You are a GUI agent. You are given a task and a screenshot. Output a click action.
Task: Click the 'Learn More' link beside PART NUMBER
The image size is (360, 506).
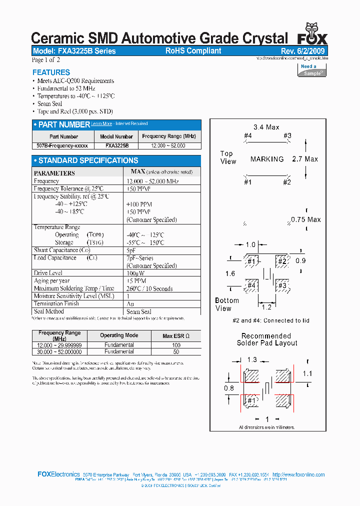(x=101, y=123)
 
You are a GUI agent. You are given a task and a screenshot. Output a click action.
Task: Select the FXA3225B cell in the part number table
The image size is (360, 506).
(x=117, y=145)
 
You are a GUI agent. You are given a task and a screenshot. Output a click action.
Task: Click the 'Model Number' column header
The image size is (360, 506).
(x=116, y=136)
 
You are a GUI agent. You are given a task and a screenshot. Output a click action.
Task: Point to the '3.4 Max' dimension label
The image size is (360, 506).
(x=266, y=127)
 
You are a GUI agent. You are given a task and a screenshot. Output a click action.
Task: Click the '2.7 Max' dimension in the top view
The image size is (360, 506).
(x=304, y=159)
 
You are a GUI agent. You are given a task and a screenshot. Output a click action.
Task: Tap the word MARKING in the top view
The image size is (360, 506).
(x=267, y=159)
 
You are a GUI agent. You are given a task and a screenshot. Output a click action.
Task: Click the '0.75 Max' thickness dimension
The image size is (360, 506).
(x=306, y=219)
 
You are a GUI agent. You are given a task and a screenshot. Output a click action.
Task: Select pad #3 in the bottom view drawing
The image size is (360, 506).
(x=282, y=285)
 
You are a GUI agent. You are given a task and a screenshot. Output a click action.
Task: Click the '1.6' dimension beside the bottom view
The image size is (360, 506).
(x=230, y=273)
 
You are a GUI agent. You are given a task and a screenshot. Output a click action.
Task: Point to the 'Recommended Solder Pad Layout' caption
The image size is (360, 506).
(x=266, y=339)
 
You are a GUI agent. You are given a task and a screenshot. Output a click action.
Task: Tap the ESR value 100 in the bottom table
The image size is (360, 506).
(x=176, y=345)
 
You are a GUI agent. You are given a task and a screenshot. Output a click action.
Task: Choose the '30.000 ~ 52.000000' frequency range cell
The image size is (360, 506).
(x=59, y=351)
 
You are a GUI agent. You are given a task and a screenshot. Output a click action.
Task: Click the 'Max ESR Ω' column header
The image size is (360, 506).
(x=176, y=335)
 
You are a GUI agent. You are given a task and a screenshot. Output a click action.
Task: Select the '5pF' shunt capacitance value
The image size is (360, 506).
(x=131, y=250)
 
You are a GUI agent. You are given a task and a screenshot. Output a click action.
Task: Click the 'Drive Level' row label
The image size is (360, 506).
(x=48, y=273)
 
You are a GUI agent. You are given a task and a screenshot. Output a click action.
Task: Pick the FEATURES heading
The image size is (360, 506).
(x=51, y=72)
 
